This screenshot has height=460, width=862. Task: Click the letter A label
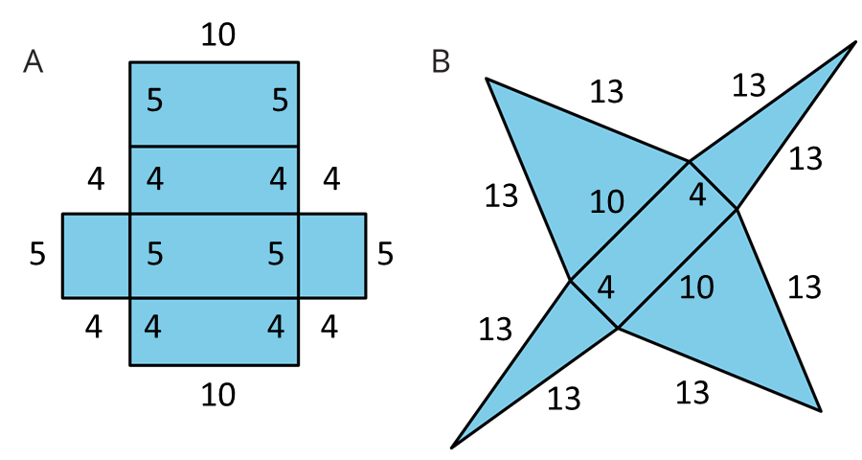coord(33,62)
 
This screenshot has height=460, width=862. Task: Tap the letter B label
coord(441,62)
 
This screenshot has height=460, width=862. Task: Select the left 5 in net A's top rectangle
coord(154,101)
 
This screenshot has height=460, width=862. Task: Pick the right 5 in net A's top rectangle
coord(280,101)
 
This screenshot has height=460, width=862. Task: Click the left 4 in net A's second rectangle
coord(154,179)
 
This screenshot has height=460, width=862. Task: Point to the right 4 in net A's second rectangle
coord(278,179)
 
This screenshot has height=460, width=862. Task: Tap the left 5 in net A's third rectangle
coord(154,254)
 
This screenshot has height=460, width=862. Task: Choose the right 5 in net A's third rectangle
coord(276,254)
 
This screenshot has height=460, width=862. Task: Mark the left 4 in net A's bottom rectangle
coord(152,328)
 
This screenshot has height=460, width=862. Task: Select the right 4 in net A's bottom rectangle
coord(276,328)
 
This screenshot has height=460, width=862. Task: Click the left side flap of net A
coord(97,256)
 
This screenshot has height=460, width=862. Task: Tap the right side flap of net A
coord(331,256)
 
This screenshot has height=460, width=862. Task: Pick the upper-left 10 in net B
coord(606,202)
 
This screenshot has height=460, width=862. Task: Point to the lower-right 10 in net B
coord(696,287)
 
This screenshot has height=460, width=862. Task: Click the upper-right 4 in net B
coord(697,195)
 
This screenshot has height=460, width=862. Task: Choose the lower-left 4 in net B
coord(605,287)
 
